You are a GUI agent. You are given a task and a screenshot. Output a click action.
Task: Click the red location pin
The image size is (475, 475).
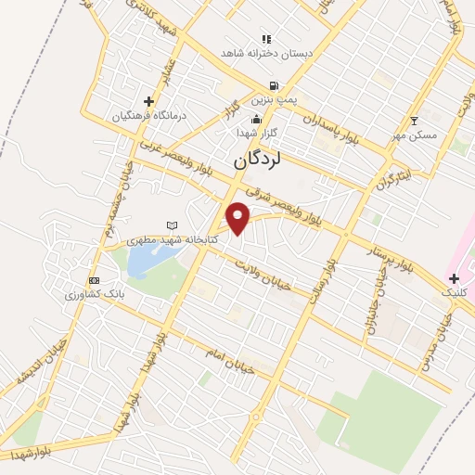tap(238, 218)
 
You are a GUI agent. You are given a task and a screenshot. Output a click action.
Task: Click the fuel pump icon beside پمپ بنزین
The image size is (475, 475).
tap(273, 86)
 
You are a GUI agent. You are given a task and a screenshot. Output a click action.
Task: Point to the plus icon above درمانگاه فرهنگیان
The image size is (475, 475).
tap(148, 101)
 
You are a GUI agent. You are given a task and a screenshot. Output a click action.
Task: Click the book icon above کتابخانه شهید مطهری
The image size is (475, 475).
tap(171, 225)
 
